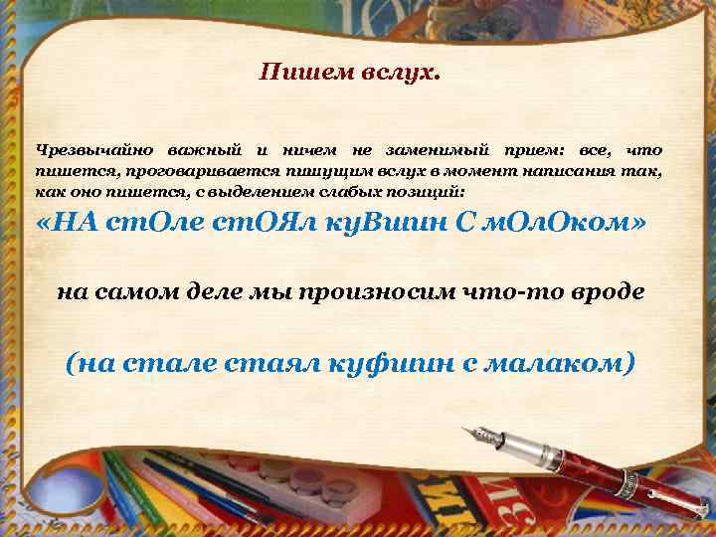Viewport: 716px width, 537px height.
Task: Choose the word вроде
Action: (608, 292)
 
